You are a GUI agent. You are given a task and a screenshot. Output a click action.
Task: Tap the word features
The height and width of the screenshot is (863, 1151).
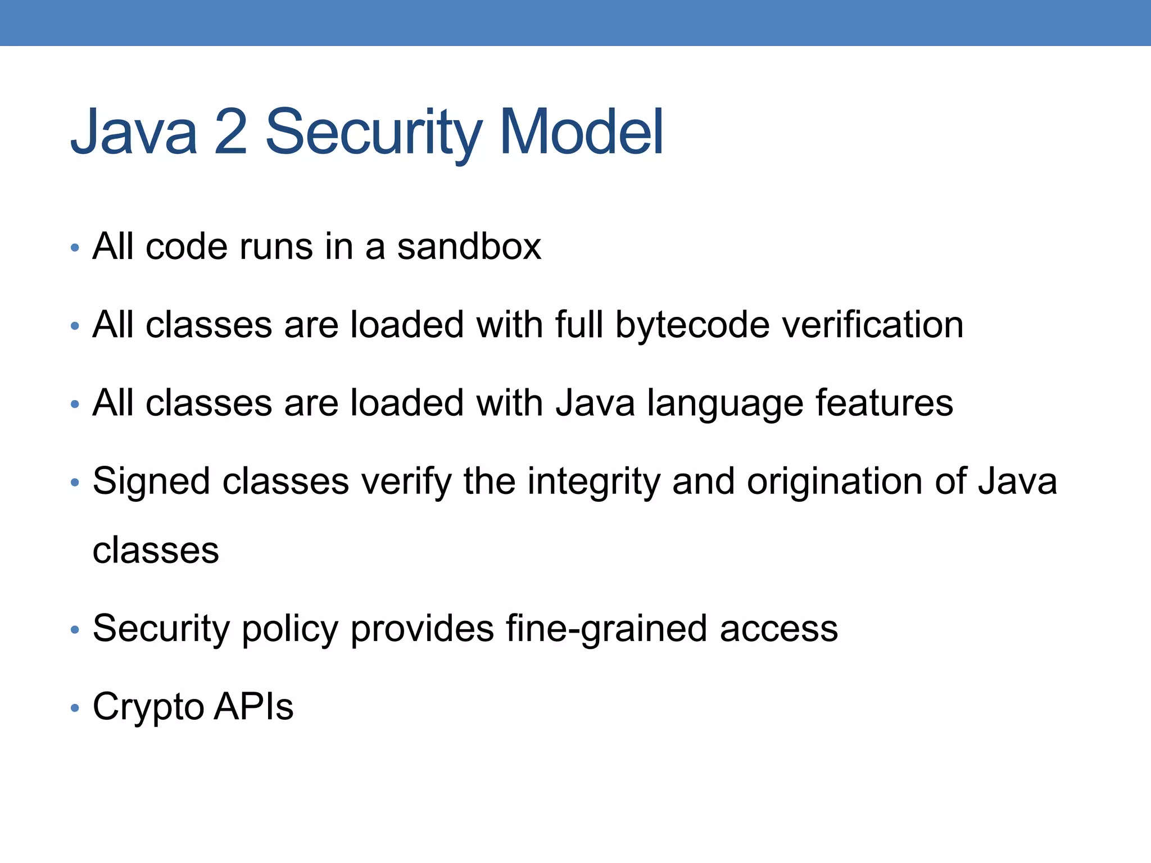pos(885,403)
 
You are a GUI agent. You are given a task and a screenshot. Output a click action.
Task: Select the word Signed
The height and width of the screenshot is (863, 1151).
pos(151,482)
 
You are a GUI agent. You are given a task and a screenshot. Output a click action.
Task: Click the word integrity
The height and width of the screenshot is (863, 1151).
pos(593,482)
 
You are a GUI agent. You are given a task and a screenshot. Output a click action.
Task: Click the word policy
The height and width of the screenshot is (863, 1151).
pos(290,629)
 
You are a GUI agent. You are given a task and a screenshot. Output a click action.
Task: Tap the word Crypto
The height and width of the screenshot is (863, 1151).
pos(148,707)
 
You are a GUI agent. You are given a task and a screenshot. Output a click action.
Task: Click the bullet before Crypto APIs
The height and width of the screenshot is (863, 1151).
pos(75,708)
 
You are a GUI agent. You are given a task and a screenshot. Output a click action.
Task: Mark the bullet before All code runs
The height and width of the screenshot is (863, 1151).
pos(75,248)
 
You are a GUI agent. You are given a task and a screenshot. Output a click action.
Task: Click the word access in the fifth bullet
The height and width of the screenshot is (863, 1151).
pos(779,629)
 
